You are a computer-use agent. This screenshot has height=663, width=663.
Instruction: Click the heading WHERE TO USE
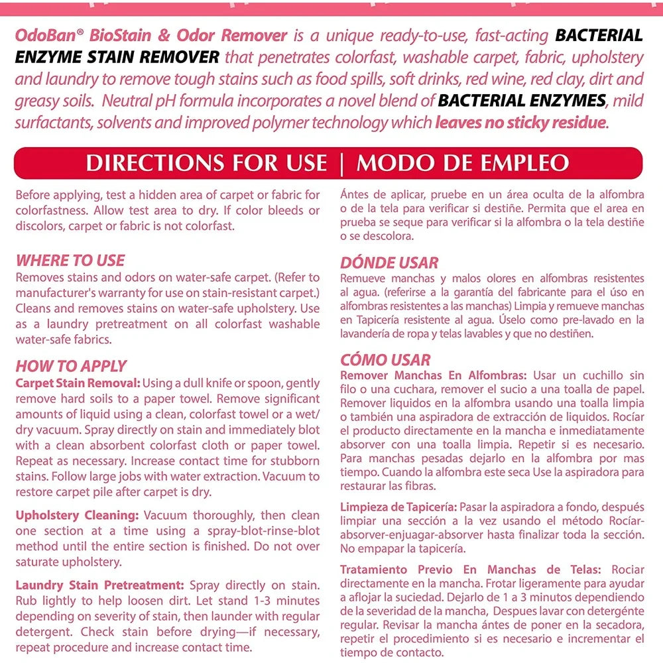coord(70,261)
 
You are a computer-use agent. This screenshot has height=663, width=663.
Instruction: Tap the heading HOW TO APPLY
coord(71,366)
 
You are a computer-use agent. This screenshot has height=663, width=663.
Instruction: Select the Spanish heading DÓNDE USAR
coord(389,263)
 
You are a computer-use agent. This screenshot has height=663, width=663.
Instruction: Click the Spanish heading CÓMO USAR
coord(385,360)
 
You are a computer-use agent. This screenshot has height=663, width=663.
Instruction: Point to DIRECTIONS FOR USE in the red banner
coord(206,164)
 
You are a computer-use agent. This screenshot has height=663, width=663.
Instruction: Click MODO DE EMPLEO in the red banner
coord(462,164)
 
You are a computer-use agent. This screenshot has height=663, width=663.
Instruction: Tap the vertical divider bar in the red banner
coord(341,164)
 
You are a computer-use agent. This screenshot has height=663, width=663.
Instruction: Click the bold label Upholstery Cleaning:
coord(77,515)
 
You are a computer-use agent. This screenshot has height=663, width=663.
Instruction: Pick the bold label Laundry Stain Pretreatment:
coord(99,585)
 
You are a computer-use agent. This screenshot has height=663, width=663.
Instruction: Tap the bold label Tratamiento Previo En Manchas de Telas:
coord(471,570)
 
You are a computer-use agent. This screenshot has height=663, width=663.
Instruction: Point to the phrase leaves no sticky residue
coord(520,123)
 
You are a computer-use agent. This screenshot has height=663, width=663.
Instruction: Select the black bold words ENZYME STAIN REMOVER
coord(117,58)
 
